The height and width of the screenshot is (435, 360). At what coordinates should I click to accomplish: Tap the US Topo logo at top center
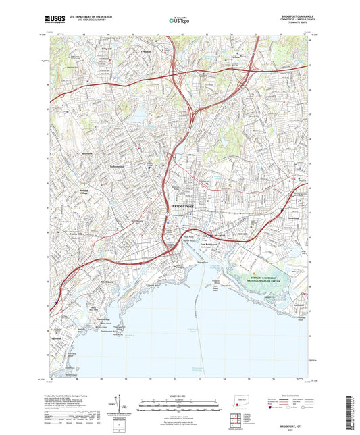pos(178,20)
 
